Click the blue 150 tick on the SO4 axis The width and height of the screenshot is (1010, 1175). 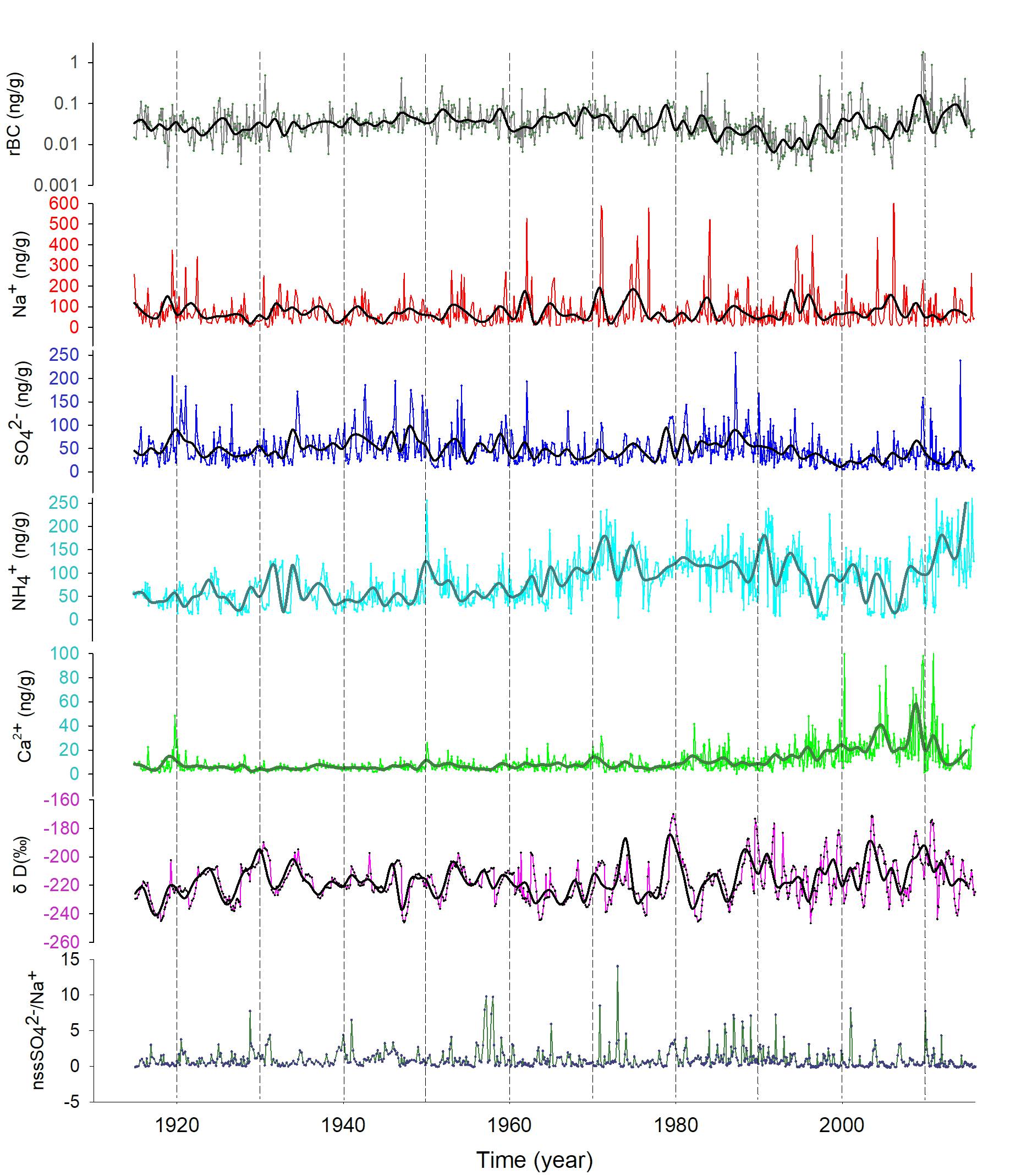[66, 402]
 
